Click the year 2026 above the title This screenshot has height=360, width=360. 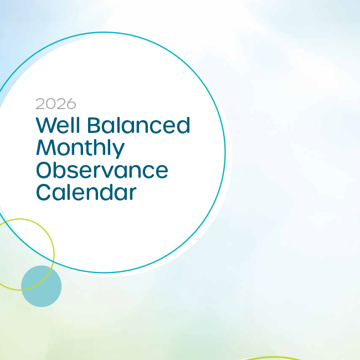(56, 104)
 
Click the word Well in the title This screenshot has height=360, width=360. (59, 125)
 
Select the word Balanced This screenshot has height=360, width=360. (138, 125)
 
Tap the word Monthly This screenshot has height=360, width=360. (80, 148)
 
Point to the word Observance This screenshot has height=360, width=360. (102, 170)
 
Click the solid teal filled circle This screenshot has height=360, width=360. (41, 286)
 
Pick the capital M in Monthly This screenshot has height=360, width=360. (46, 148)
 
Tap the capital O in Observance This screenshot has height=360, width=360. (45, 170)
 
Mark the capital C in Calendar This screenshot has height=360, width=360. (44, 192)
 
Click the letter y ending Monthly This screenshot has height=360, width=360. (118, 151)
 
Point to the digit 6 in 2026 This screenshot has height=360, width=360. (71, 104)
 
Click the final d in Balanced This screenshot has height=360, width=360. (183, 125)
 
